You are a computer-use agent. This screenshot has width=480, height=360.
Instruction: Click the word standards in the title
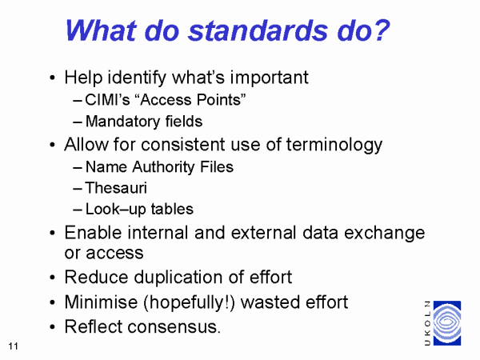[x=258, y=30]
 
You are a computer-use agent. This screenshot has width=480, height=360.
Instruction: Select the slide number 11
[x=13, y=346]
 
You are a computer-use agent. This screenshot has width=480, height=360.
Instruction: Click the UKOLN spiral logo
[x=447, y=323]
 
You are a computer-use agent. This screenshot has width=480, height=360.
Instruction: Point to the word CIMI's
[x=107, y=100]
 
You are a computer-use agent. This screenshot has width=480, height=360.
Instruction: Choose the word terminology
[x=334, y=145]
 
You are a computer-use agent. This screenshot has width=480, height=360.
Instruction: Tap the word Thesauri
[x=116, y=188]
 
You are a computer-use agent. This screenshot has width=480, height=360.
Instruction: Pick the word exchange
[x=385, y=233]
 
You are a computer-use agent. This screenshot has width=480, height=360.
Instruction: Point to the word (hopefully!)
[x=189, y=302]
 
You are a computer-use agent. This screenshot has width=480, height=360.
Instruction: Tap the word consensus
[x=174, y=326]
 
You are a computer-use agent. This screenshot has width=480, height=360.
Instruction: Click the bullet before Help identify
[x=52, y=78]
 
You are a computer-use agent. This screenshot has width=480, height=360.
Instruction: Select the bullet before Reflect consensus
[x=52, y=327]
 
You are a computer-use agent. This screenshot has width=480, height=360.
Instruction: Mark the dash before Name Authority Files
[x=78, y=168]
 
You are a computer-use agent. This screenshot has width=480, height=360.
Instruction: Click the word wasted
[x=270, y=302]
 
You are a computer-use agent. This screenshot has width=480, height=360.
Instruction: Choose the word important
[x=269, y=78]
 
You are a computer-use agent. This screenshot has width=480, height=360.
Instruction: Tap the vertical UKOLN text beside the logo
[x=428, y=323]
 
